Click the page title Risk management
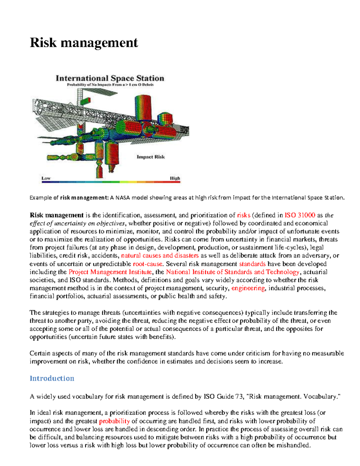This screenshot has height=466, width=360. pyautogui.click(x=84, y=43)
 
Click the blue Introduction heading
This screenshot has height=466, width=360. pyautogui.click(x=52, y=378)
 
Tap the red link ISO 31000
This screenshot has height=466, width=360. pyautogui.click(x=299, y=215)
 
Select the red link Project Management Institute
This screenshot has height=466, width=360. pyautogui.click(x=110, y=272)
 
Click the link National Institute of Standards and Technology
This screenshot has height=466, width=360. pyautogui.click(x=232, y=272)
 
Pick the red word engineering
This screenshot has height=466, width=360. pyautogui.click(x=248, y=288)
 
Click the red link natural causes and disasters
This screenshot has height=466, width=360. pyautogui.click(x=160, y=256)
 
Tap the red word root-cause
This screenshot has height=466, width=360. pyautogui.click(x=148, y=264)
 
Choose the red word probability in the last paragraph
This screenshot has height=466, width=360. pyautogui.click(x=114, y=421)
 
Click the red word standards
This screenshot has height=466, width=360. pyautogui.click(x=252, y=264)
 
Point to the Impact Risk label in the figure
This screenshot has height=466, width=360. pyautogui.click(x=151, y=157)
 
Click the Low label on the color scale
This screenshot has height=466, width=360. pyautogui.click(x=46, y=178)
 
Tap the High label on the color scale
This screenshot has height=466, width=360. pyautogui.click(x=175, y=178)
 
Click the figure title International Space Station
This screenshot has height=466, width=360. pyautogui.click(x=110, y=78)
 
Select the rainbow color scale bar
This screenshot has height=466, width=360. pyautogui.click(x=110, y=182)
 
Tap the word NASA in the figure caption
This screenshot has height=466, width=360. pyautogui.click(x=123, y=198)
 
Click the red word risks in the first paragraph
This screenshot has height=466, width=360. pyautogui.click(x=244, y=215)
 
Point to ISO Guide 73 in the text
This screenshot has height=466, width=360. pyautogui.click(x=223, y=397)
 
